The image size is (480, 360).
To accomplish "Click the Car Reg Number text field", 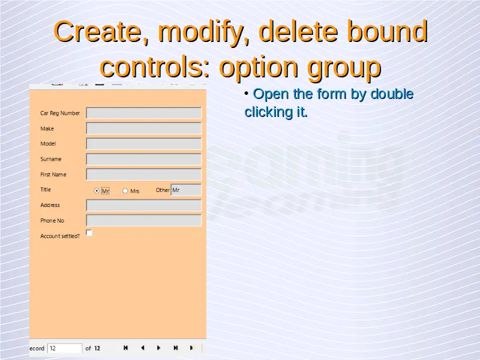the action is click(x=143, y=113).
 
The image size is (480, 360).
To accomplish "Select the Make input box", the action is click(x=143, y=128).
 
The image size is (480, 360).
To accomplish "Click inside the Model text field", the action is click(x=143, y=143).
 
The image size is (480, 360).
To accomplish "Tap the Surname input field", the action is click(x=143, y=159).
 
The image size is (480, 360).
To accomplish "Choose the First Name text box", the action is click(x=143, y=175).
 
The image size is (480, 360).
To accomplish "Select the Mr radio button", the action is click(x=97, y=191).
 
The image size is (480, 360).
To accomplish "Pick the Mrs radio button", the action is click(x=125, y=191).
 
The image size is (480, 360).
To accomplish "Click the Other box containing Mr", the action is click(x=186, y=190).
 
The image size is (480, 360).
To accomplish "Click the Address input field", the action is click(x=143, y=205).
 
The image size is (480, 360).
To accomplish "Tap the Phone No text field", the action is click(x=143, y=220).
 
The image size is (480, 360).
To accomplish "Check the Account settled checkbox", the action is click(x=89, y=233).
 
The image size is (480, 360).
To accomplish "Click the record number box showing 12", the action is click(x=65, y=348).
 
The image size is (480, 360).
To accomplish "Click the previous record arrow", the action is click(x=142, y=348).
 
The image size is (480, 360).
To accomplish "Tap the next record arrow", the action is click(x=158, y=348).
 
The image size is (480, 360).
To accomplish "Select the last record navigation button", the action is click(x=175, y=348).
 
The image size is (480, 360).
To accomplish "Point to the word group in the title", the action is click(x=344, y=67).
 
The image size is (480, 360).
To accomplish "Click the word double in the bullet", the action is click(x=392, y=94).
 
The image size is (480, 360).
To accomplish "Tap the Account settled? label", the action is click(x=60, y=236).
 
